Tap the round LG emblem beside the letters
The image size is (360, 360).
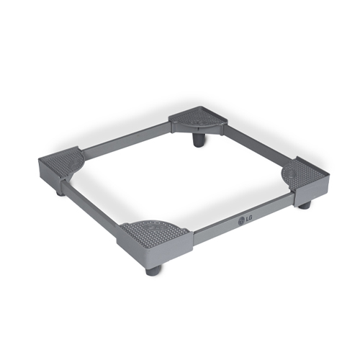(x=240, y=221)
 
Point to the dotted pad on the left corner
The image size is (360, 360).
(x=60, y=161)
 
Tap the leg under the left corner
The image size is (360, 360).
(x=62, y=192)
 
